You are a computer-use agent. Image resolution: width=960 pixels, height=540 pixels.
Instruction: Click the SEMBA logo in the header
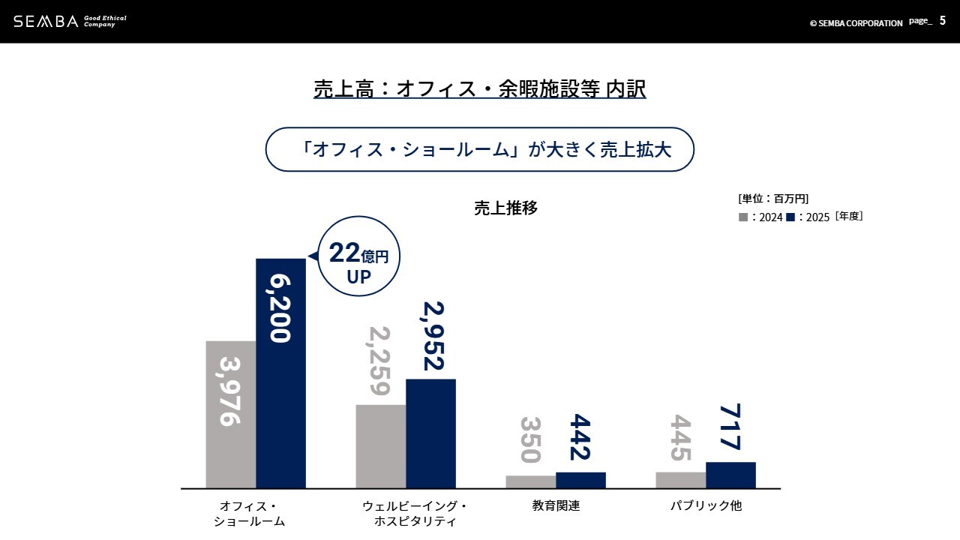[46, 21]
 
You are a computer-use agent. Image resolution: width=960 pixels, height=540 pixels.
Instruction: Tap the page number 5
[942, 21]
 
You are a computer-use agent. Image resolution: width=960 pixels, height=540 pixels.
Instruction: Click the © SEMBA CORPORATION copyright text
[856, 23]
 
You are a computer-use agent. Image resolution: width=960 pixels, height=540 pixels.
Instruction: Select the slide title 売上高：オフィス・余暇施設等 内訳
[479, 89]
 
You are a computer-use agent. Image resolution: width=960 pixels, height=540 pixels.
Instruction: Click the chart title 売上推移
[505, 208]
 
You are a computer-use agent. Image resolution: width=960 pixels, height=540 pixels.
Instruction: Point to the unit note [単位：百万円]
[772, 199]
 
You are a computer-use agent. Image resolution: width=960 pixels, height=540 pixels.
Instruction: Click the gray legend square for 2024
[743, 217]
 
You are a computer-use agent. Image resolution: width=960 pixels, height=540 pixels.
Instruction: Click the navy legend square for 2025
[790, 217]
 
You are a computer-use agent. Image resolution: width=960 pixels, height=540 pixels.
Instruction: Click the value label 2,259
[379, 361]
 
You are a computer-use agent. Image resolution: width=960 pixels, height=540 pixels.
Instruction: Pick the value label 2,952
[432, 336]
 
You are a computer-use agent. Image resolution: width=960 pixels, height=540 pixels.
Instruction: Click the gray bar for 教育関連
[530, 481]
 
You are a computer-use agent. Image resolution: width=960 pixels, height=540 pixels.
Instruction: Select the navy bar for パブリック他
[730, 475]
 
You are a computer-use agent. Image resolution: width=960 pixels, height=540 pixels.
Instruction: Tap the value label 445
[680, 438]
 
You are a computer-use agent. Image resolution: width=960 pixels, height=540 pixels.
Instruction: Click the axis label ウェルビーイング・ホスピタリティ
[415, 514]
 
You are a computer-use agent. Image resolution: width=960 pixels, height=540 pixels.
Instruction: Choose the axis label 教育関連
[556, 506]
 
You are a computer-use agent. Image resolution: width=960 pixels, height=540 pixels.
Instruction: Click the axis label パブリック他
[705, 506]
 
